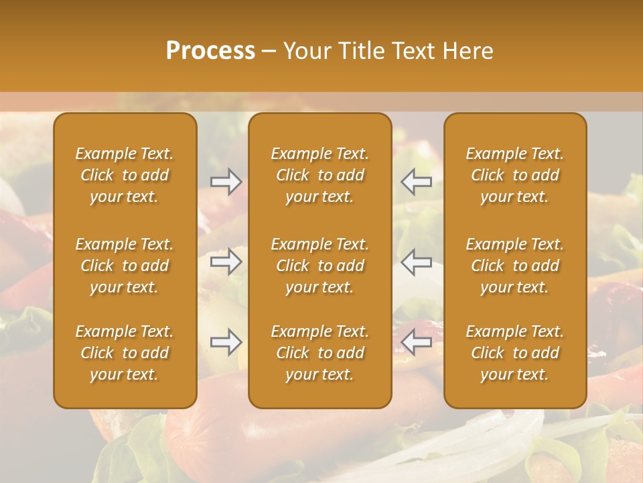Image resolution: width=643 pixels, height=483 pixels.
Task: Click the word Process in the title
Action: point(210,51)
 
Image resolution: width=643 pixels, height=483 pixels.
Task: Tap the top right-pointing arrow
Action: point(226,182)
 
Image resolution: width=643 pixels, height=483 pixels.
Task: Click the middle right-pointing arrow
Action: point(226,262)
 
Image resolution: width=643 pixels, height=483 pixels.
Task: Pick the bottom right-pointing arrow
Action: point(226,342)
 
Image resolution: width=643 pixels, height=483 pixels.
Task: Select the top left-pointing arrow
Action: point(417,182)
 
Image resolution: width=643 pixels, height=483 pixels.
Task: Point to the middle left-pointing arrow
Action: point(417,262)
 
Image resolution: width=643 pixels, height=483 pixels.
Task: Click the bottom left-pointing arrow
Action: point(417,342)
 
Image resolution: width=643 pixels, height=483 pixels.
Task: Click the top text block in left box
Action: point(125,175)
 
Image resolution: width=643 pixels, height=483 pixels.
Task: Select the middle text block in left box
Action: point(125,266)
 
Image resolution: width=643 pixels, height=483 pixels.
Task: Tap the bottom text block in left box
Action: point(125,353)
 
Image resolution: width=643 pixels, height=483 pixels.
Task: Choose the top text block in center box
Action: point(319,175)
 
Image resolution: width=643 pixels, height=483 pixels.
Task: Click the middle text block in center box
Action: point(319,266)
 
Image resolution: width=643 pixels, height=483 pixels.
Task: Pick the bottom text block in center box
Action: point(319,353)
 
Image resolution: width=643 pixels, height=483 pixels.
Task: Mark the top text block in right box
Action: point(514,175)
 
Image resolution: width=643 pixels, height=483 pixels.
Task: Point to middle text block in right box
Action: point(514,266)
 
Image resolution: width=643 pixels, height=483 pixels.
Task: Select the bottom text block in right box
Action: point(514,353)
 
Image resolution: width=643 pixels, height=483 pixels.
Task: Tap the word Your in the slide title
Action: point(305,51)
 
